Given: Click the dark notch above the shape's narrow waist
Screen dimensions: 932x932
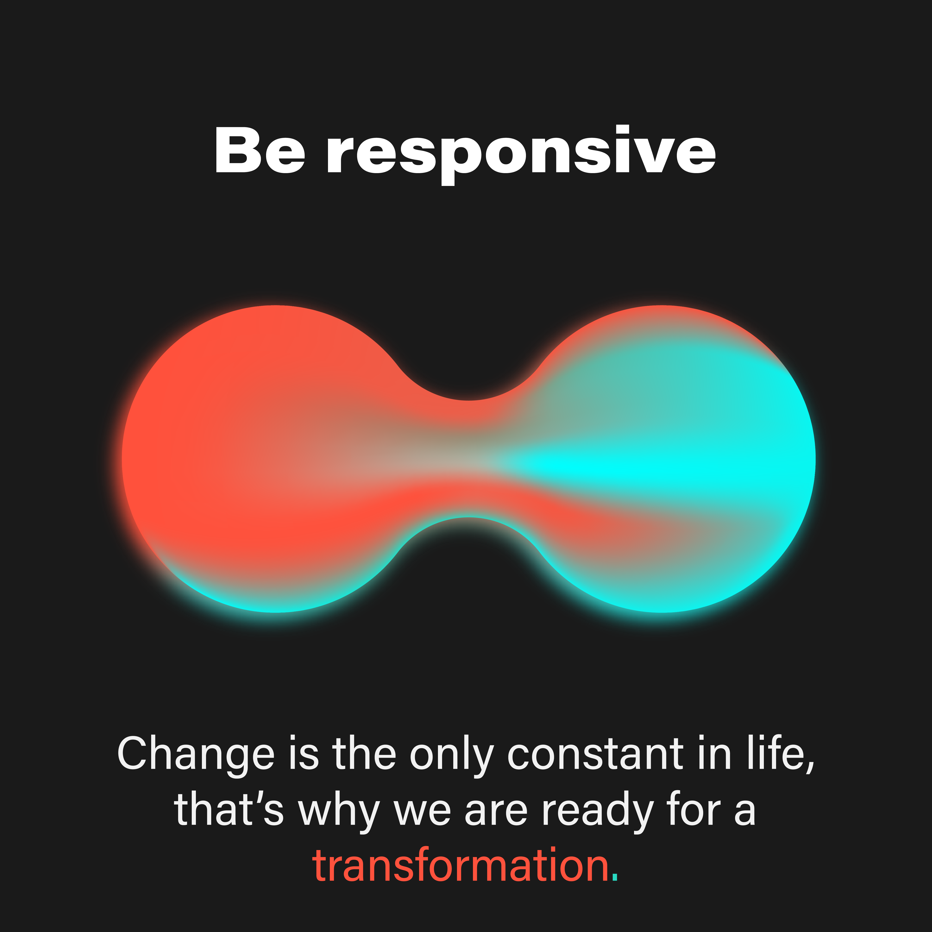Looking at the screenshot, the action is [468, 376].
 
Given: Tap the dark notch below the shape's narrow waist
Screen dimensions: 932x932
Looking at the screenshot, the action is [468, 545].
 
